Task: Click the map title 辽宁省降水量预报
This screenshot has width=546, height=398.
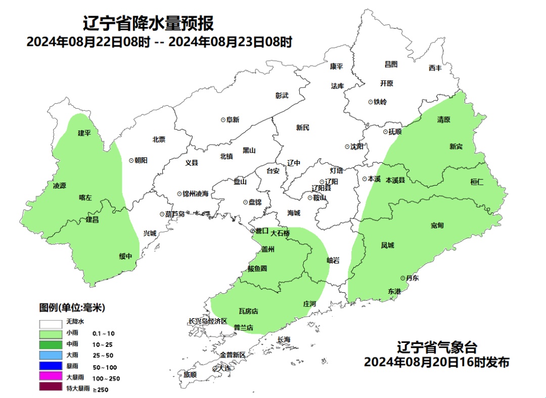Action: [148, 23]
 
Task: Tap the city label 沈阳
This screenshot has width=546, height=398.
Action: [356, 147]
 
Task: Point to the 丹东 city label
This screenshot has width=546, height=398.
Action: [412, 278]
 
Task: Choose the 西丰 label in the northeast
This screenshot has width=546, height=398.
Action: [435, 68]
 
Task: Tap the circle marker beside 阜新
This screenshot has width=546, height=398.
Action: [223, 120]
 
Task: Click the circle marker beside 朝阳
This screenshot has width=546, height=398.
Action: [131, 160]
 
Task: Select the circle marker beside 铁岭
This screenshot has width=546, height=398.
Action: [370, 102]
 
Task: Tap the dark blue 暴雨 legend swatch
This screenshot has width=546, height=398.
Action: [50, 367]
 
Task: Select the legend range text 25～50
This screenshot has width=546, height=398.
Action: [103, 356]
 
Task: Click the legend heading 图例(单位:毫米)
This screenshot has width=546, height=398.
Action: [72, 307]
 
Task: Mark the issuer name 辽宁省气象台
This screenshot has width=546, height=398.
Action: [436, 348]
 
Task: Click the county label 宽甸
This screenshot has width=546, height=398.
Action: [437, 225]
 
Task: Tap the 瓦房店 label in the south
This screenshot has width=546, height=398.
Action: [248, 311]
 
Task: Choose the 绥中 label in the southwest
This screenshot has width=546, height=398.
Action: [125, 256]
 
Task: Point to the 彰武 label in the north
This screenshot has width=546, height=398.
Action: [282, 95]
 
